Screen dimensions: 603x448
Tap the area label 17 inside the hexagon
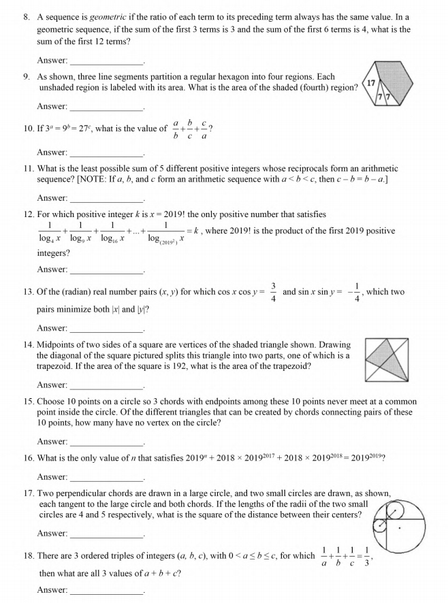point(372,83)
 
